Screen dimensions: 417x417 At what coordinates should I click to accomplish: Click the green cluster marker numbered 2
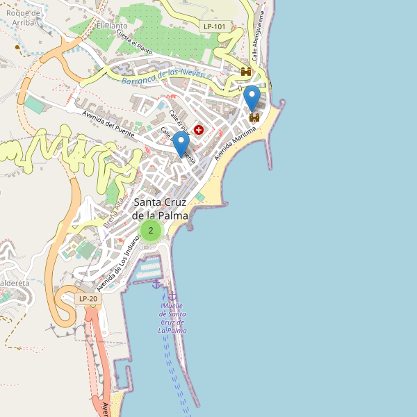point(151,230)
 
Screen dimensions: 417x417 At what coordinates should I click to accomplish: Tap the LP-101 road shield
point(215,26)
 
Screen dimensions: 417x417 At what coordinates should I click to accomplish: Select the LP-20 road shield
point(88,299)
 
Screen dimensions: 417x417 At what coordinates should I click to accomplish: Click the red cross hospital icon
point(199,130)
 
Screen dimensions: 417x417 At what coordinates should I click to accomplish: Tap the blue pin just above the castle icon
point(252,98)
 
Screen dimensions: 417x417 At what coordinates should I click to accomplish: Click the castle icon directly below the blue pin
point(254,117)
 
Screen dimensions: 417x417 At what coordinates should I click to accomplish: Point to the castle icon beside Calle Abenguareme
point(245,72)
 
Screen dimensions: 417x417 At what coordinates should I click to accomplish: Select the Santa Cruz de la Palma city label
point(161,208)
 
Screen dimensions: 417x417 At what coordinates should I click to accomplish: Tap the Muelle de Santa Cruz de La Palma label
point(172,318)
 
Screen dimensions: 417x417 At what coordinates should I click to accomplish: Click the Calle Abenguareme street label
point(261,38)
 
